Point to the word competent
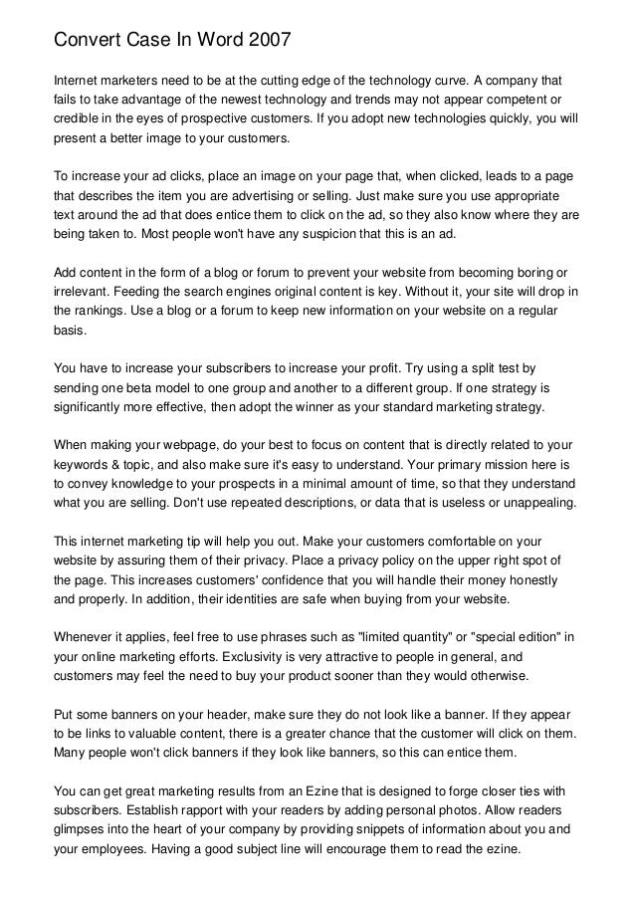click(x=508, y=100)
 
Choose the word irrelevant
click(x=85, y=291)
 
